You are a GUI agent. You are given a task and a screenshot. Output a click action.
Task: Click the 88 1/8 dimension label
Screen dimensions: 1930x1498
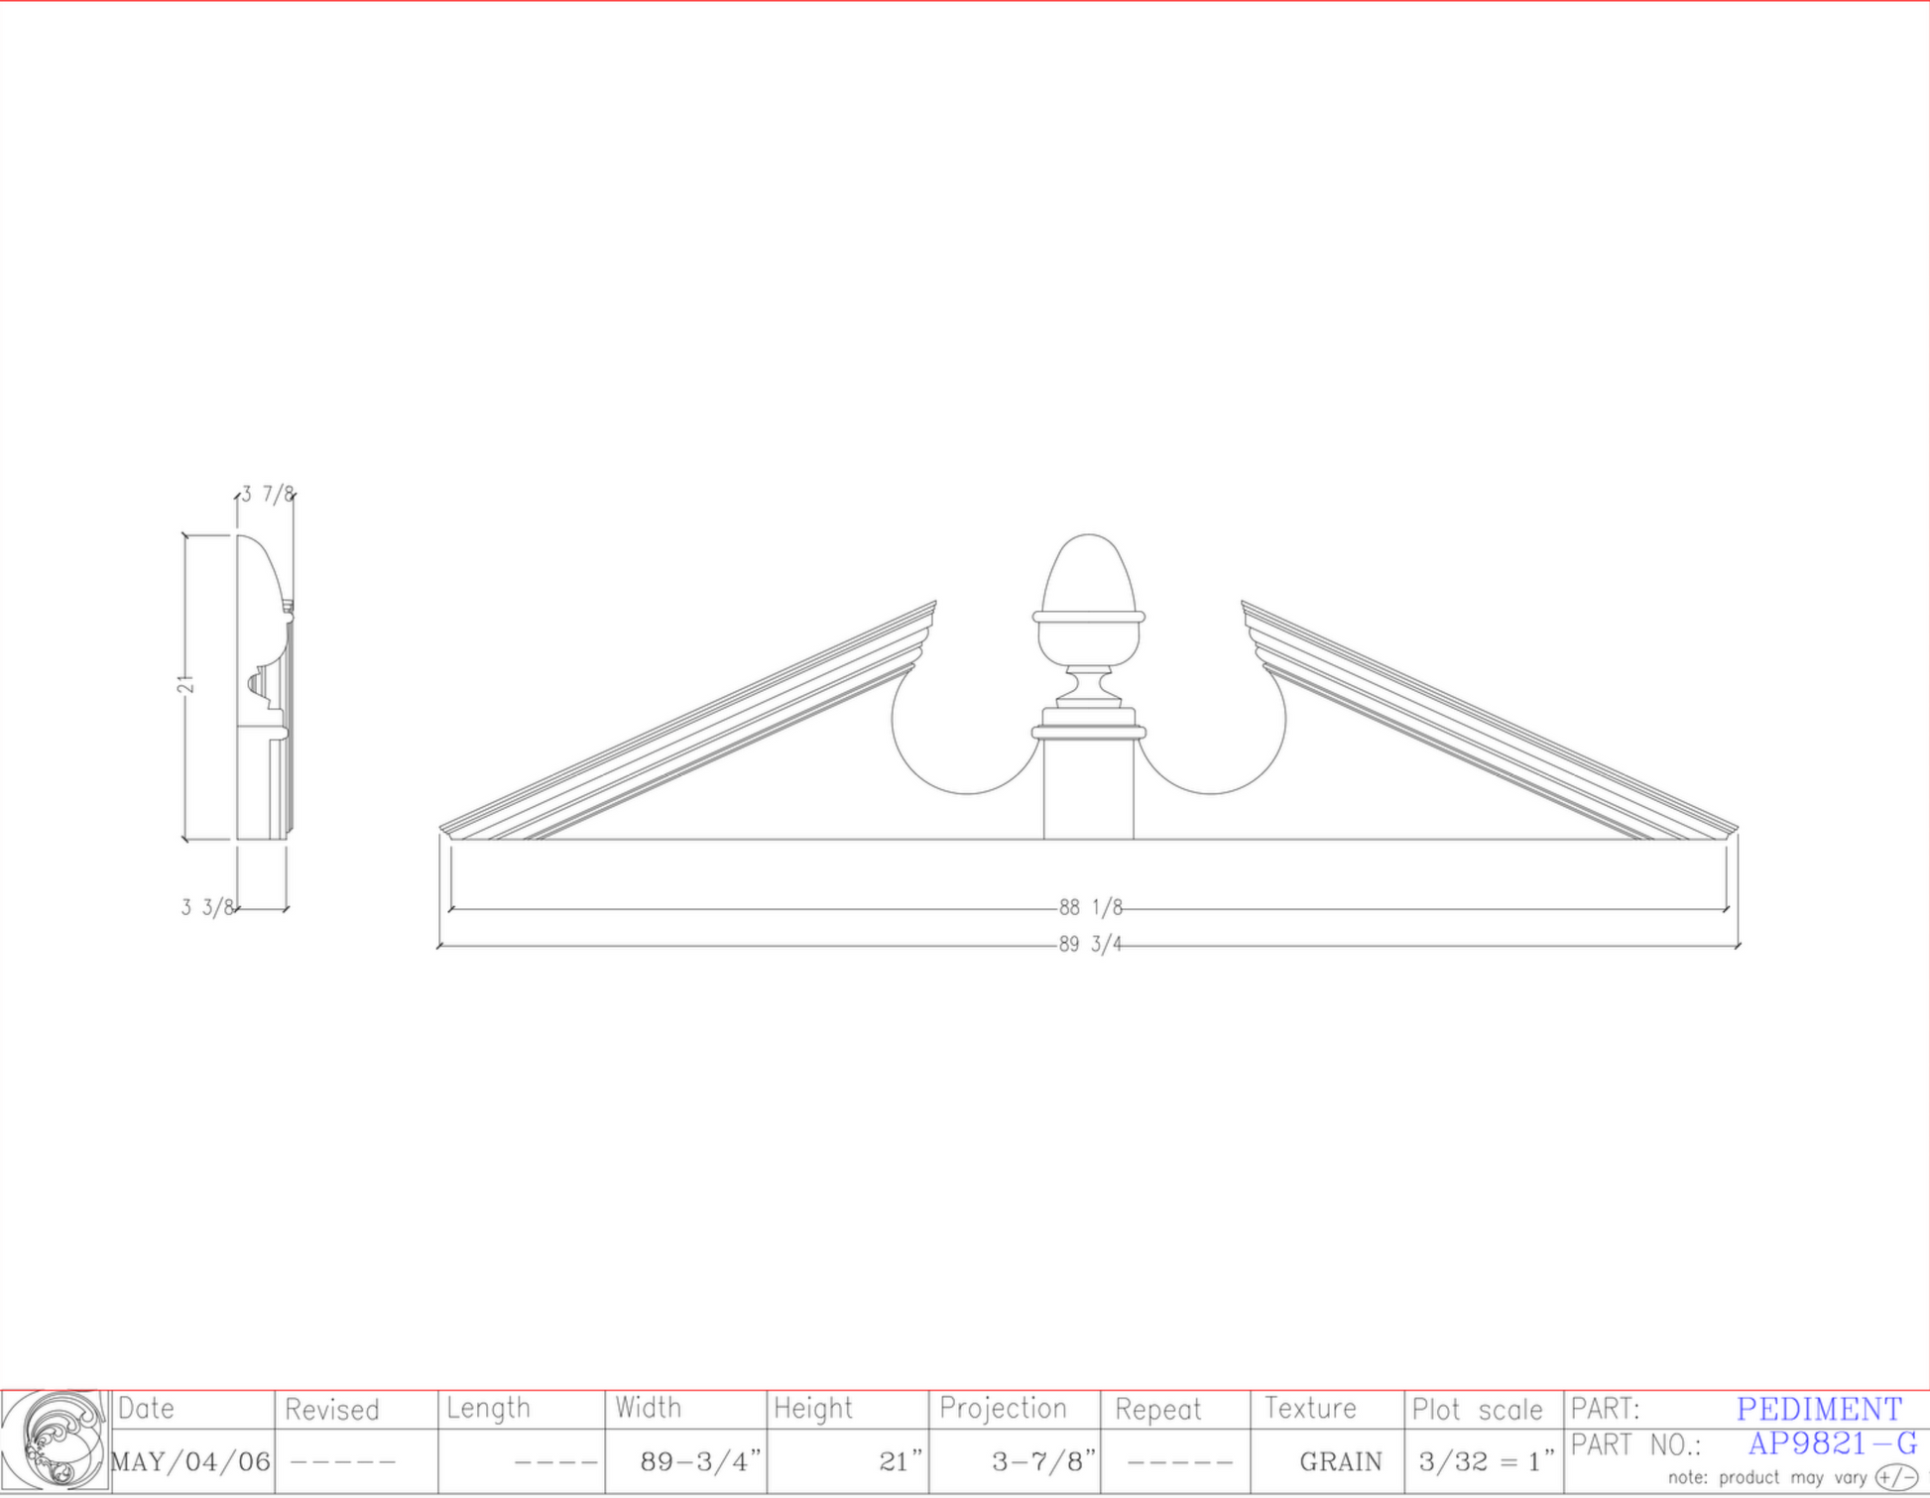[1090, 907]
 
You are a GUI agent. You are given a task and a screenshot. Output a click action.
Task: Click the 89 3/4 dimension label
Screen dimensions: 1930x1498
[1090, 944]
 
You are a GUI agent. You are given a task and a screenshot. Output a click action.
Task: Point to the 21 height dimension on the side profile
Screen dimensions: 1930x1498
[186, 684]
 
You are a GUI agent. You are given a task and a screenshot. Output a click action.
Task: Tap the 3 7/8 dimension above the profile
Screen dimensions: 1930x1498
[268, 494]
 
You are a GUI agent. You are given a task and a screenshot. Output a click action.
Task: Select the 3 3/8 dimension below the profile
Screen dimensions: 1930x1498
[207, 907]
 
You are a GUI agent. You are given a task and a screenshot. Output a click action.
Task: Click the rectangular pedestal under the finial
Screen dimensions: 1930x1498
[1089, 783]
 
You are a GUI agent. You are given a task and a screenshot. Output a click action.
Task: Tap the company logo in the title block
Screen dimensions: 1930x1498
[56, 1442]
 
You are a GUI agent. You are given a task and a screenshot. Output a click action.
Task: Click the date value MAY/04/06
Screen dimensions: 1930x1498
[190, 1461]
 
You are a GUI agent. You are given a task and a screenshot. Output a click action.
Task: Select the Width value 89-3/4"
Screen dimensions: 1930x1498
[700, 1461]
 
